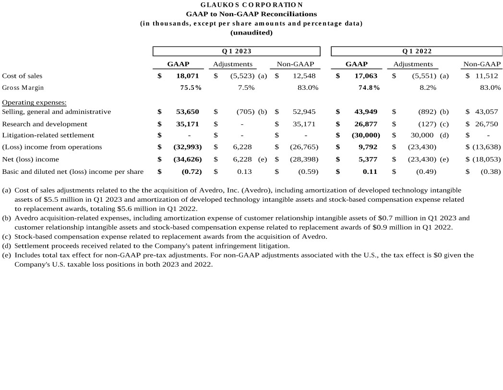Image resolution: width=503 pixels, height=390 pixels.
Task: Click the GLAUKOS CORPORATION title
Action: [x=251, y=5]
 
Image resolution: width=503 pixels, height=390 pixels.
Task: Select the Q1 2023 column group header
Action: [x=236, y=51]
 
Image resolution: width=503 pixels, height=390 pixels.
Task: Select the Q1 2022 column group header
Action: [x=417, y=51]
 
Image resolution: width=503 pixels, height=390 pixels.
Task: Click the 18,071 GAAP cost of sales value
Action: [x=187, y=76]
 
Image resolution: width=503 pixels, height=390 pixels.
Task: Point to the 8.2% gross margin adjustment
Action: [x=428, y=88]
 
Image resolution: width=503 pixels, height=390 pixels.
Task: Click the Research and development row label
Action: [x=45, y=124]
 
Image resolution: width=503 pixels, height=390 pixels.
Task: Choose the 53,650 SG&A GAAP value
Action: [x=187, y=112]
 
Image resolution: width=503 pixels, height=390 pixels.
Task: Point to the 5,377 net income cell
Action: [x=368, y=159]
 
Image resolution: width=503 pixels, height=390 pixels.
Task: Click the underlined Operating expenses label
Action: [x=34, y=102]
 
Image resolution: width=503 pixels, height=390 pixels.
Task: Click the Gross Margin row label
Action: [x=23, y=88]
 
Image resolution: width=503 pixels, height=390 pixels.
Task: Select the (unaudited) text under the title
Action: [x=251, y=33]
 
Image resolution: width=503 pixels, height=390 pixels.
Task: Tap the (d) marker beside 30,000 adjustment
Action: [x=444, y=135]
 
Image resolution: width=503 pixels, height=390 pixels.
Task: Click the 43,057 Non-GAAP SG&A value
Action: [x=487, y=112]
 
